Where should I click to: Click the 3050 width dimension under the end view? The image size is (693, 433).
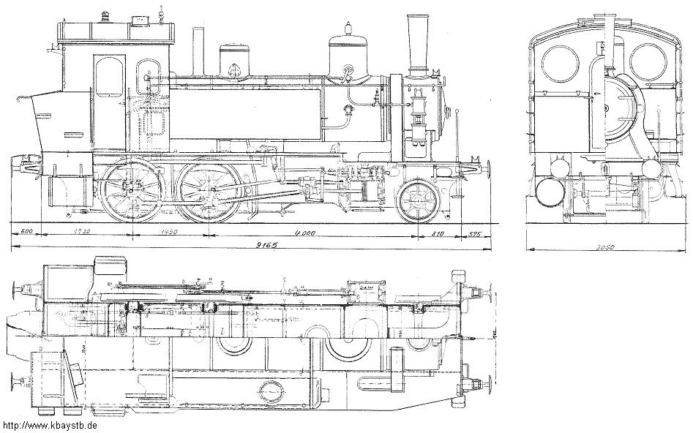(604, 247)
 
